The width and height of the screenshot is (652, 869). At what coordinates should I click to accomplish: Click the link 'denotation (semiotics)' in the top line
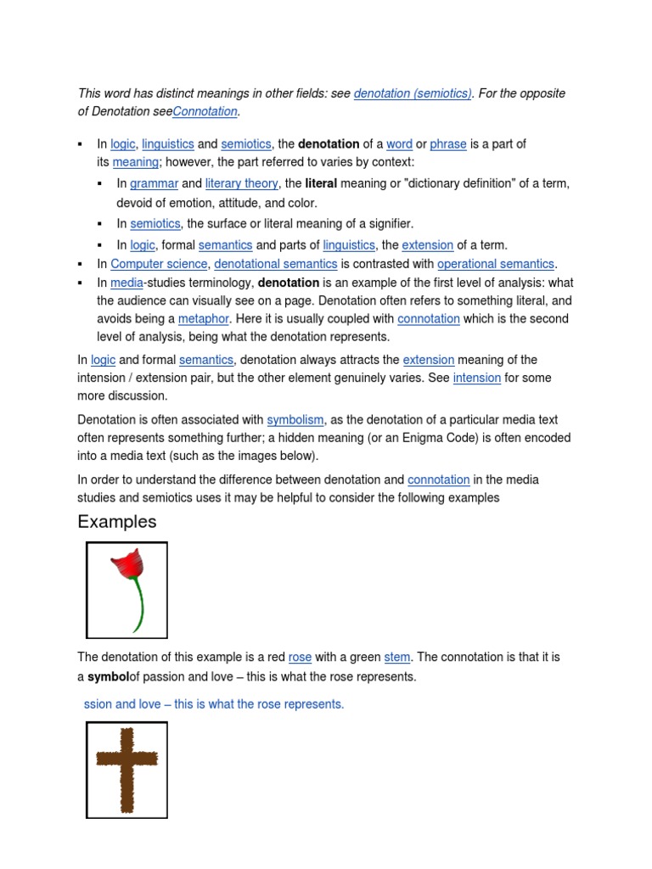[x=413, y=93]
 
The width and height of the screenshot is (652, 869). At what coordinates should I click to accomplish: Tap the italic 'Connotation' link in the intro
[x=205, y=112]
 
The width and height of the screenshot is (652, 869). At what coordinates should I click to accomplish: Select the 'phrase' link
[x=448, y=144]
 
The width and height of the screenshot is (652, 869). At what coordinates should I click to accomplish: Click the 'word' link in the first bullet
[x=399, y=144]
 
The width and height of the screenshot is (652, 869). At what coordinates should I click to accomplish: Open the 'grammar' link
[x=154, y=183]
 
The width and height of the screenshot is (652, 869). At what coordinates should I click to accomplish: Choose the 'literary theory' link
[x=241, y=183]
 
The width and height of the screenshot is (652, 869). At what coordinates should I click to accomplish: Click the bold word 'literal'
[x=321, y=183]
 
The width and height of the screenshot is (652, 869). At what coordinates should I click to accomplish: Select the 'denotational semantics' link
[x=275, y=264]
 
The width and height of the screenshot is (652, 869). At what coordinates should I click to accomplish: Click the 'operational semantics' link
[x=496, y=264]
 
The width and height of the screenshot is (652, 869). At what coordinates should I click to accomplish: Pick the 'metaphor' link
[x=204, y=319]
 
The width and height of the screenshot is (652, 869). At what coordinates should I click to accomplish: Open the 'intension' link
[x=476, y=378]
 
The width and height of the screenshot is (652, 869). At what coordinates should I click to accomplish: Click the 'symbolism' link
[x=295, y=420]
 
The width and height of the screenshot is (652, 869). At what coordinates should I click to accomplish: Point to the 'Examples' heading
[x=117, y=522]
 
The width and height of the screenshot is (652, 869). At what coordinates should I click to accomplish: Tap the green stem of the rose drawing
[x=138, y=606]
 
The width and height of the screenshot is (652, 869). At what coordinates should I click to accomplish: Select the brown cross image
[x=126, y=769]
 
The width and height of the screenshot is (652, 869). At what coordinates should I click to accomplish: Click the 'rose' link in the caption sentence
[x=300, y=657]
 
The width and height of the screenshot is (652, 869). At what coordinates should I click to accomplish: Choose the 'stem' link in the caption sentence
[x=396, y=657]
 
